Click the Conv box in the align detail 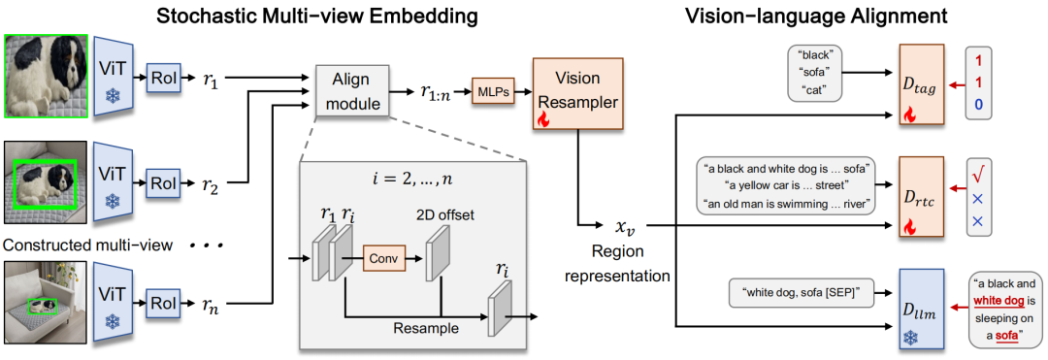pos(383,257)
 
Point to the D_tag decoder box pos(921,83)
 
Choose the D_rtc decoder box pos(921,197)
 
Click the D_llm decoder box pos(921,308)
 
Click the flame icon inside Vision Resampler pos(543,119)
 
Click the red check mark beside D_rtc pos(979,176)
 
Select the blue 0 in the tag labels pos(978,104)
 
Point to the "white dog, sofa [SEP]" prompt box pos(793,292)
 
